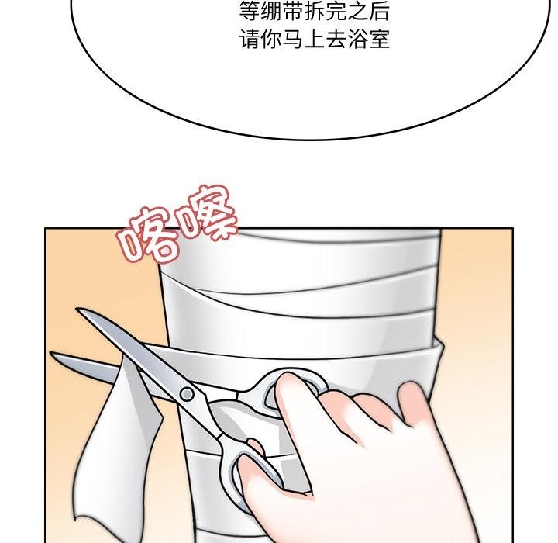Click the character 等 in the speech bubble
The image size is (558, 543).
point(250,12)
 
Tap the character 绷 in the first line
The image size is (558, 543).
point(270,12)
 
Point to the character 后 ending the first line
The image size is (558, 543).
point(379,12)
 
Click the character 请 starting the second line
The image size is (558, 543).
point(250,39)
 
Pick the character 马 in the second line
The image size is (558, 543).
point(292,39)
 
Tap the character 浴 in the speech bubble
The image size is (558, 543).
point(357,39)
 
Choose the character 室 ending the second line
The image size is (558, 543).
point(379,39)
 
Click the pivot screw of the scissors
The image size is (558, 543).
point(187,394)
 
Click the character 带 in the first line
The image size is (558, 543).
point(292,12)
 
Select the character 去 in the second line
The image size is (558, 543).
point(336,39)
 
